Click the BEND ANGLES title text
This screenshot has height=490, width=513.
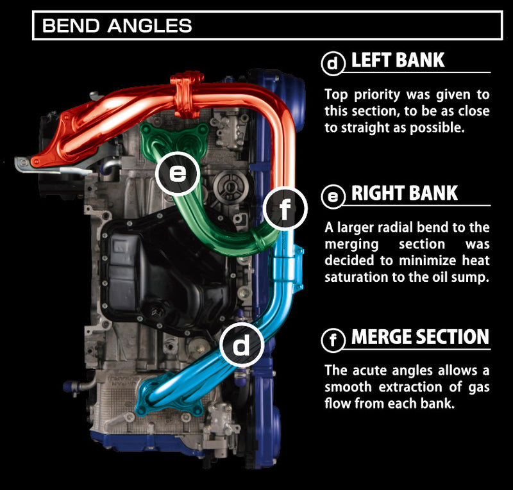117,26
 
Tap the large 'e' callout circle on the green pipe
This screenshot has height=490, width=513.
178,173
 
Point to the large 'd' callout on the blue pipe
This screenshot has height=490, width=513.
242,346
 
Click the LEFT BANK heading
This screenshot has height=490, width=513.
398,61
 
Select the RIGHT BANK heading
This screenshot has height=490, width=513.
405,194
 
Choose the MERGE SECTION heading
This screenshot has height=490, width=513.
420,338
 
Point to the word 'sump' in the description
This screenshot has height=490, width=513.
472,277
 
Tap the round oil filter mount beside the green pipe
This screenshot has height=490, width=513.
229,185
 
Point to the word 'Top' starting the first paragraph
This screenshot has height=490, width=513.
335,94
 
